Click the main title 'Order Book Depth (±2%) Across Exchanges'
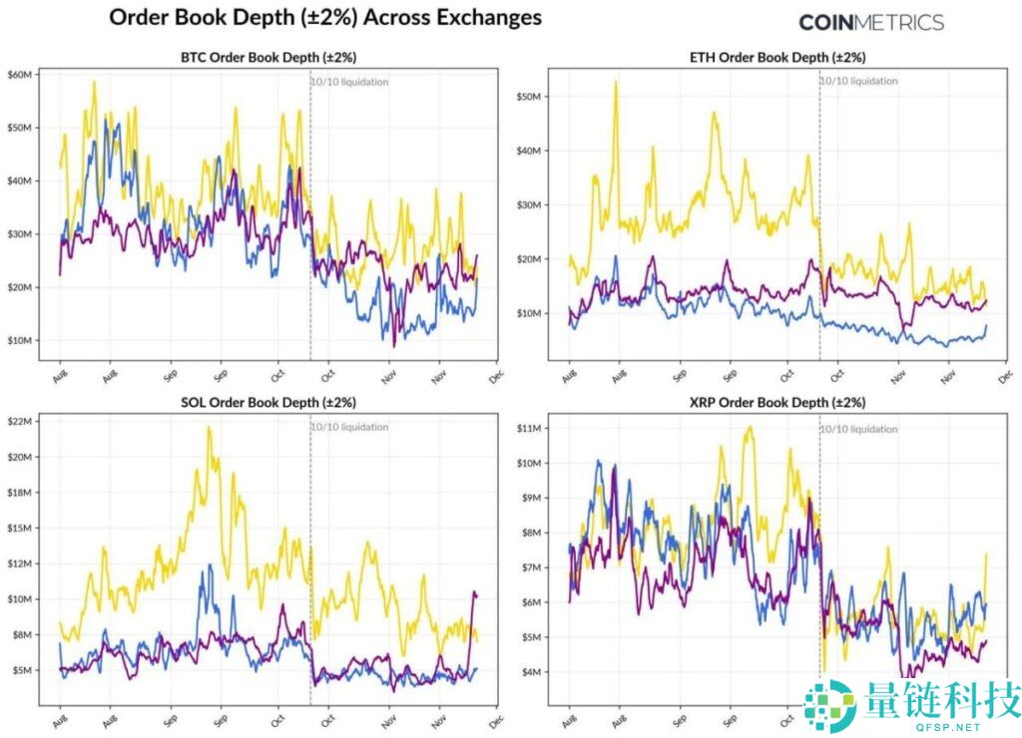pyautogui.click(x=324, y=18)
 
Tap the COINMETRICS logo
pyautogui.click(x=870, y=22)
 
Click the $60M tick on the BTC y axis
pyautogui.click(x=22, y=75)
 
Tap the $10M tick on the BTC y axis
pyautogui.click(x=22, y=340)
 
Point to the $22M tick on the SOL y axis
pyautogui.click(x=22, y=422)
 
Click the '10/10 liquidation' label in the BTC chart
pyautogui.click(x=350, y=82)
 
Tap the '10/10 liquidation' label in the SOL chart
pyautogui.click(x=350, y=427)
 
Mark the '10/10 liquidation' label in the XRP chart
pyautogui.click(x=859, y=429)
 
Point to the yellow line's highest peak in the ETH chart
pyautogui.click(x=616, y=83)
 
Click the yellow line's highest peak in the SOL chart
pyautogui.click(x=209, y=428)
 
